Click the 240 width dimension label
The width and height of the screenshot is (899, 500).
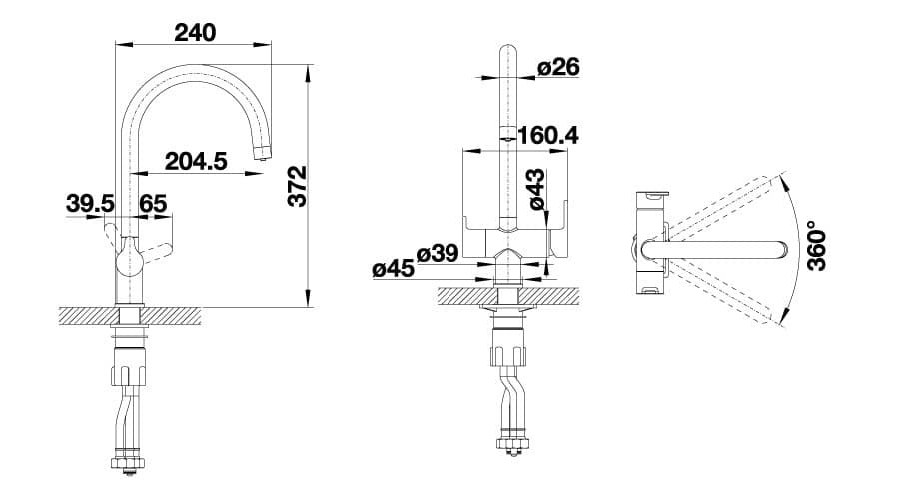click(195, 31)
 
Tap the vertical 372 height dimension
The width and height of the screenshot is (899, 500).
click(297, 185)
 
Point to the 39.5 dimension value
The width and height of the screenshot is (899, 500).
click(89, 203)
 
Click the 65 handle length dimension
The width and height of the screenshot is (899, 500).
click(153, 203)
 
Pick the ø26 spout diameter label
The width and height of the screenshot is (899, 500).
click(558, 67)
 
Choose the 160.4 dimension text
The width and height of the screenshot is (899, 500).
click(547, 135)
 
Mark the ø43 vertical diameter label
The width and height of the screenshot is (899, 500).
click(535, 190)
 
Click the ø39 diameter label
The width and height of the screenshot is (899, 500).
click(437, 253)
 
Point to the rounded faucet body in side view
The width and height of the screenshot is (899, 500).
click(128, 263)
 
